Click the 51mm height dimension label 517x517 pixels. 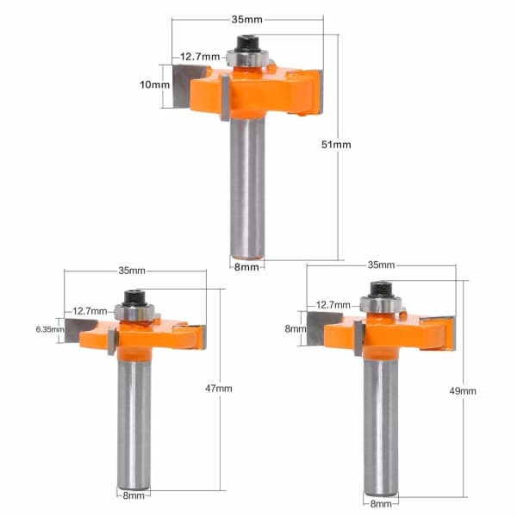point(336,145)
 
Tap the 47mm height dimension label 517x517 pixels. point(219,389)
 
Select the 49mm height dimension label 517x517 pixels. point(463,391)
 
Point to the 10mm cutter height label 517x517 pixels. point(154,84)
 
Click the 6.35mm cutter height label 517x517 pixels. point(50,329)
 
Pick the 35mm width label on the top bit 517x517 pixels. point(247,20)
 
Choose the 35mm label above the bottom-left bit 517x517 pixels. point(132,271)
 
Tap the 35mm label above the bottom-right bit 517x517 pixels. point(381,265)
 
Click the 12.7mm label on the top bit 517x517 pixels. point(200,57)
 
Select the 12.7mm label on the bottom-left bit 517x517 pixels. point(90,311)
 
